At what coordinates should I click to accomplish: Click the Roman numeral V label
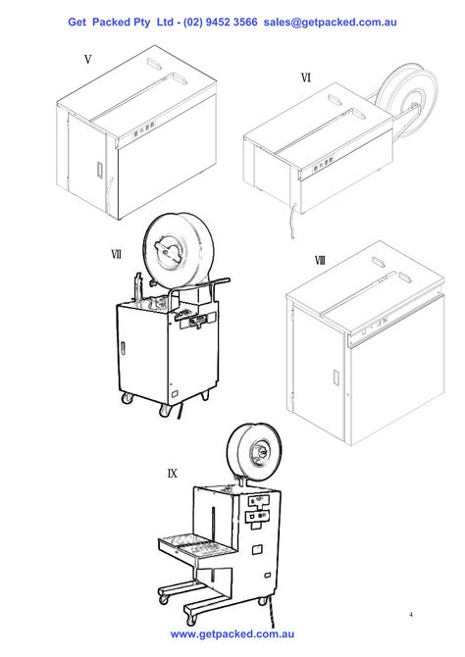coord(87,60)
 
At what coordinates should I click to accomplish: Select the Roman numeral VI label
coord(306,78)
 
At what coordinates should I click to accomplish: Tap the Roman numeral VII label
coord(116,254)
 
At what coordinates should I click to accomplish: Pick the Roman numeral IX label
coord(173,473)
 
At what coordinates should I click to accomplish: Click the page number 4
coord(411,615)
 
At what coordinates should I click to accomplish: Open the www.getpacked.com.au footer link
coord(232,635)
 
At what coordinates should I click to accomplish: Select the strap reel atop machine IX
coord(257,455)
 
